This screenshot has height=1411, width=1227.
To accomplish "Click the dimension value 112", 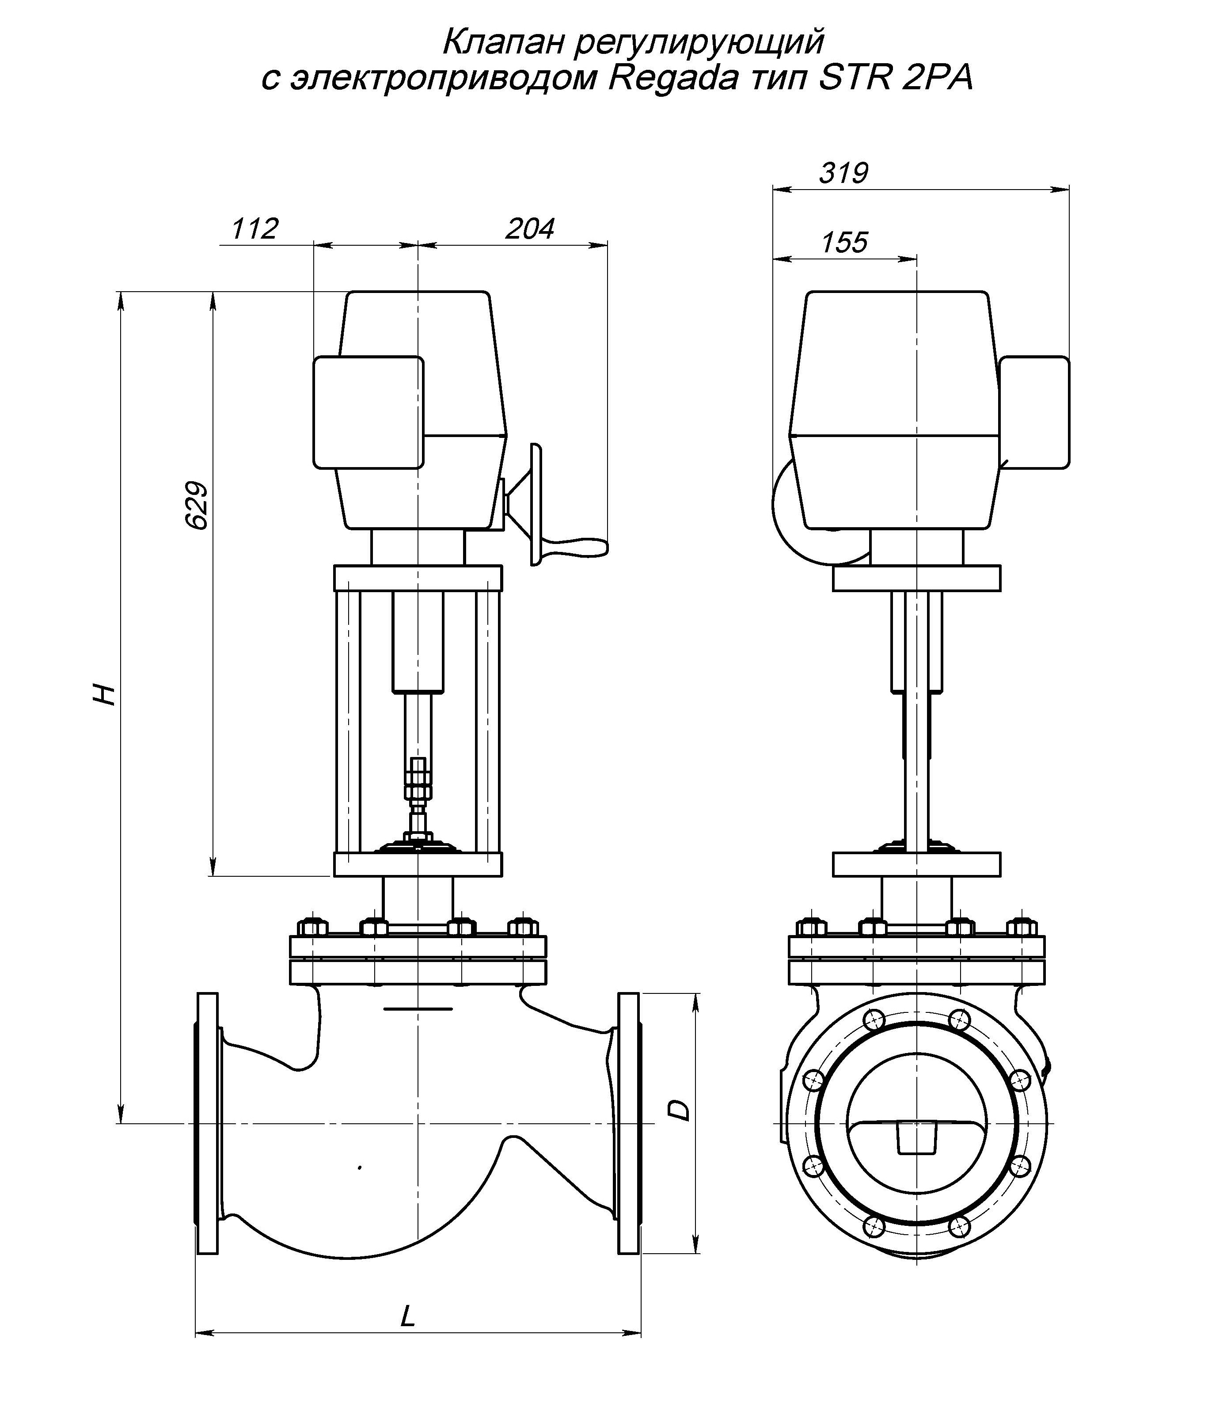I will click(x=255, y=228).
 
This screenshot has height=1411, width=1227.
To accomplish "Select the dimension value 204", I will click(x=529, y=228).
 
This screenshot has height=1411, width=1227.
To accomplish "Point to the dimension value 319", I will click(x=843, y=173).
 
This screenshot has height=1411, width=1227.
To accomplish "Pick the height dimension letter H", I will click(x=104, y=694).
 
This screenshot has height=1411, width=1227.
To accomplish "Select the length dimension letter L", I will click(x=408, y=1316).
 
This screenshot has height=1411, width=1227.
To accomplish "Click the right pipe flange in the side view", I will click(x=629, y=1123).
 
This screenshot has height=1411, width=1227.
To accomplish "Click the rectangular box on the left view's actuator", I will click(x=368, y=412).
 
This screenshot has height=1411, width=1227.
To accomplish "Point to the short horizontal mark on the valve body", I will click(x=418, y=1008).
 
